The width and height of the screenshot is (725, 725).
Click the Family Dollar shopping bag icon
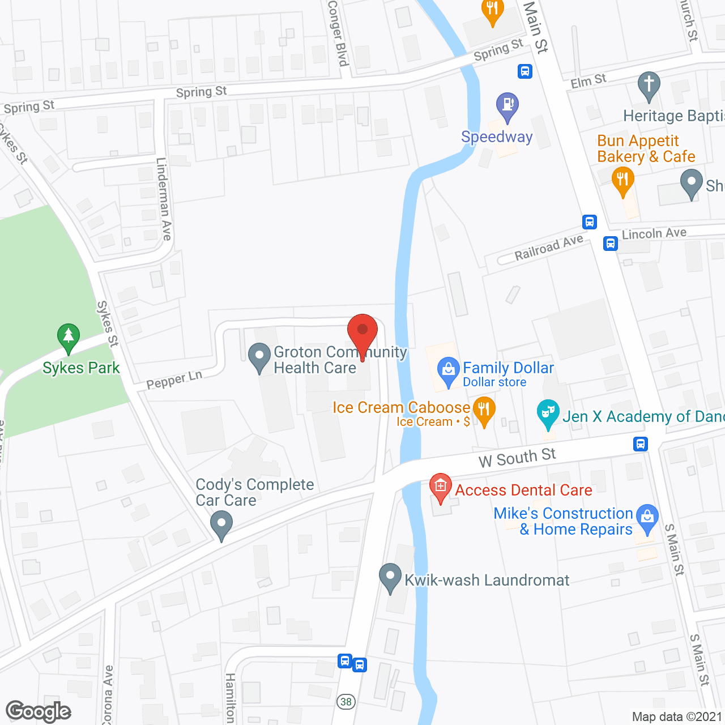click(x=449, y=371)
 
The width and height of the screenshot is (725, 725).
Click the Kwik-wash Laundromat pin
click(x=390, y=577)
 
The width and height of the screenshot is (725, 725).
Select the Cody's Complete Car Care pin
click(x=221, y=524)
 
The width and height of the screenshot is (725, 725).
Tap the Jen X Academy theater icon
click(x=548, y=413)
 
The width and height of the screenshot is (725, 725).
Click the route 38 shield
click(x=346, y=702)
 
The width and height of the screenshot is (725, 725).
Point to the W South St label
click(x=517, y=457)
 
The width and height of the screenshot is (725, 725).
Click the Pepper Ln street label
click(x=174, y=380)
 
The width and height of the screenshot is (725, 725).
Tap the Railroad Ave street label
click(x=548, y=248)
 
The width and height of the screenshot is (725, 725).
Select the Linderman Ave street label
click(x=164, y=199)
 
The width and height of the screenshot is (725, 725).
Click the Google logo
click(x=39, y=711)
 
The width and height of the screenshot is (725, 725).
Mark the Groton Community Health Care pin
click(x=259, y=357)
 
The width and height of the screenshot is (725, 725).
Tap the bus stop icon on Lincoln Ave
click(x=610, y=244)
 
